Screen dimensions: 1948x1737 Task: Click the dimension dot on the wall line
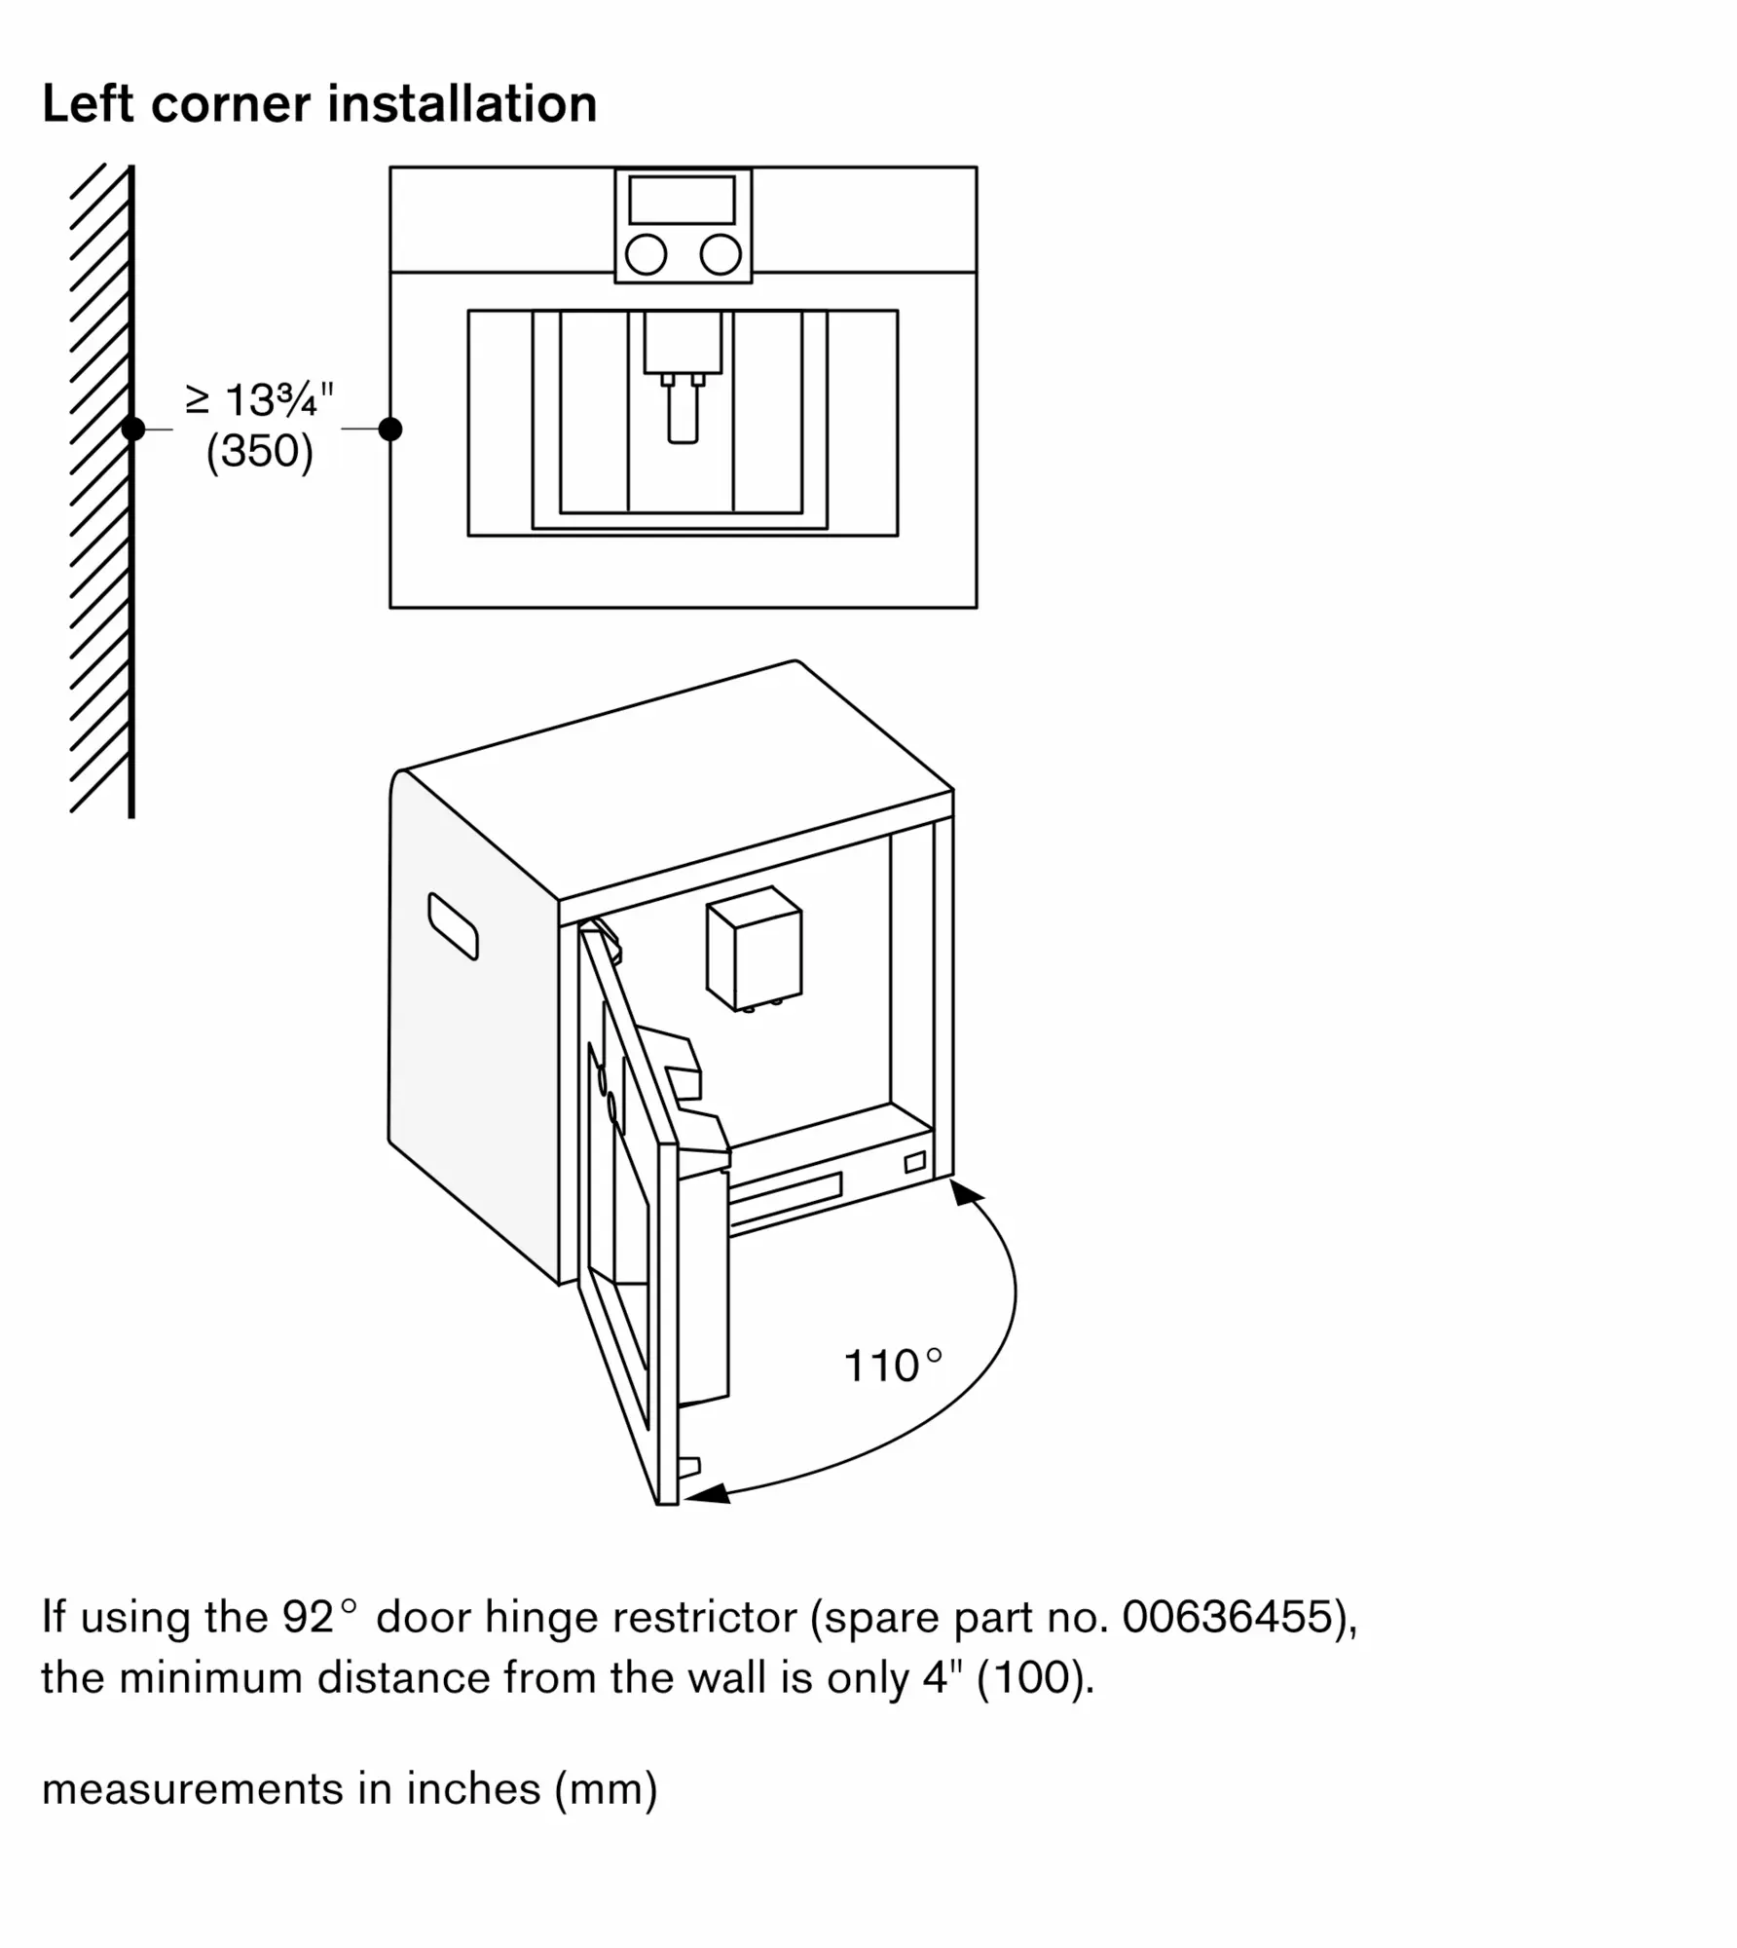(x=133, y=429)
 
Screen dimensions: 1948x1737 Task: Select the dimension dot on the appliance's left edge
(x=390, y=429)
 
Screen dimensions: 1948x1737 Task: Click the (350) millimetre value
(x=260, y=451)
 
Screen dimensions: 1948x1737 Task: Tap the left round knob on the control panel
(x=646, y=255)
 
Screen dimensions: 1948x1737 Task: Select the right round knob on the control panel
(x=721, y=255)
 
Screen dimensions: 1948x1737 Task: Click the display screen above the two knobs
(x=682, y=200)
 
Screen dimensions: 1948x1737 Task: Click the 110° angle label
(x=893, y=1366)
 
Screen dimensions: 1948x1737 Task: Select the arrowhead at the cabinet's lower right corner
(x=965, y=1192)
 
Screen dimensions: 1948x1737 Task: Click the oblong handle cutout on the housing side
(x=453, y=925)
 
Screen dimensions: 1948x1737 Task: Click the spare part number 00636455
(x=1227, y=1618)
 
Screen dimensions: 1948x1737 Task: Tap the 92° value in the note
(x=320, y=1618)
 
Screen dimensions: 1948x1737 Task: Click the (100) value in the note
(x=1034, y=1678)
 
